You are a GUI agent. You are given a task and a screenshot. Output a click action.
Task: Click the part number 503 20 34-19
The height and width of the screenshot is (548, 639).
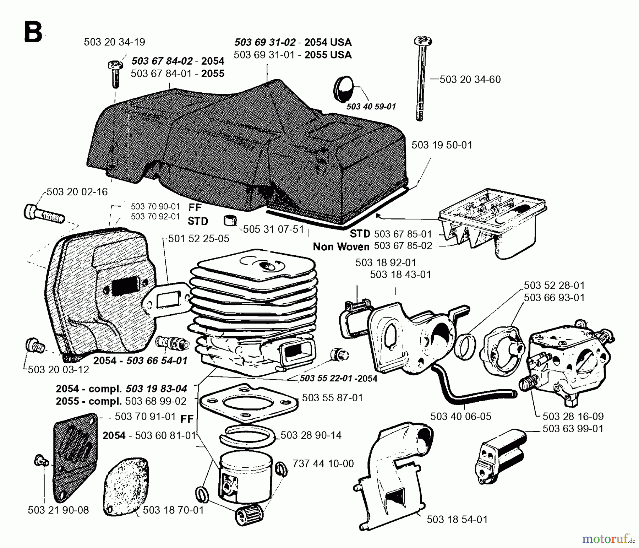coord(114,42)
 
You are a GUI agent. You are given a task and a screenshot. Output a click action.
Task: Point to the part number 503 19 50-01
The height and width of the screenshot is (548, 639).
coord(442,145)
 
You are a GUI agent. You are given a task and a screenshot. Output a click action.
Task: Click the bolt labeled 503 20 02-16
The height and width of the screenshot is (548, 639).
coord(43,213)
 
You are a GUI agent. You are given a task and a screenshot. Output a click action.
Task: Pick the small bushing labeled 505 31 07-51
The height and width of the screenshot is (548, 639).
coord(230,221)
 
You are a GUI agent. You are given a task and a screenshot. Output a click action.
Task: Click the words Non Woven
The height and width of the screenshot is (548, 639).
coord(341,246)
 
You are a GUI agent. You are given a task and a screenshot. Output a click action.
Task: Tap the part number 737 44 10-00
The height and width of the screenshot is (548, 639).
coord(323,463)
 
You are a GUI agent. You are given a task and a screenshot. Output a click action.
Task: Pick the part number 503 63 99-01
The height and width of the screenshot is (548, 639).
coord(573,429)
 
